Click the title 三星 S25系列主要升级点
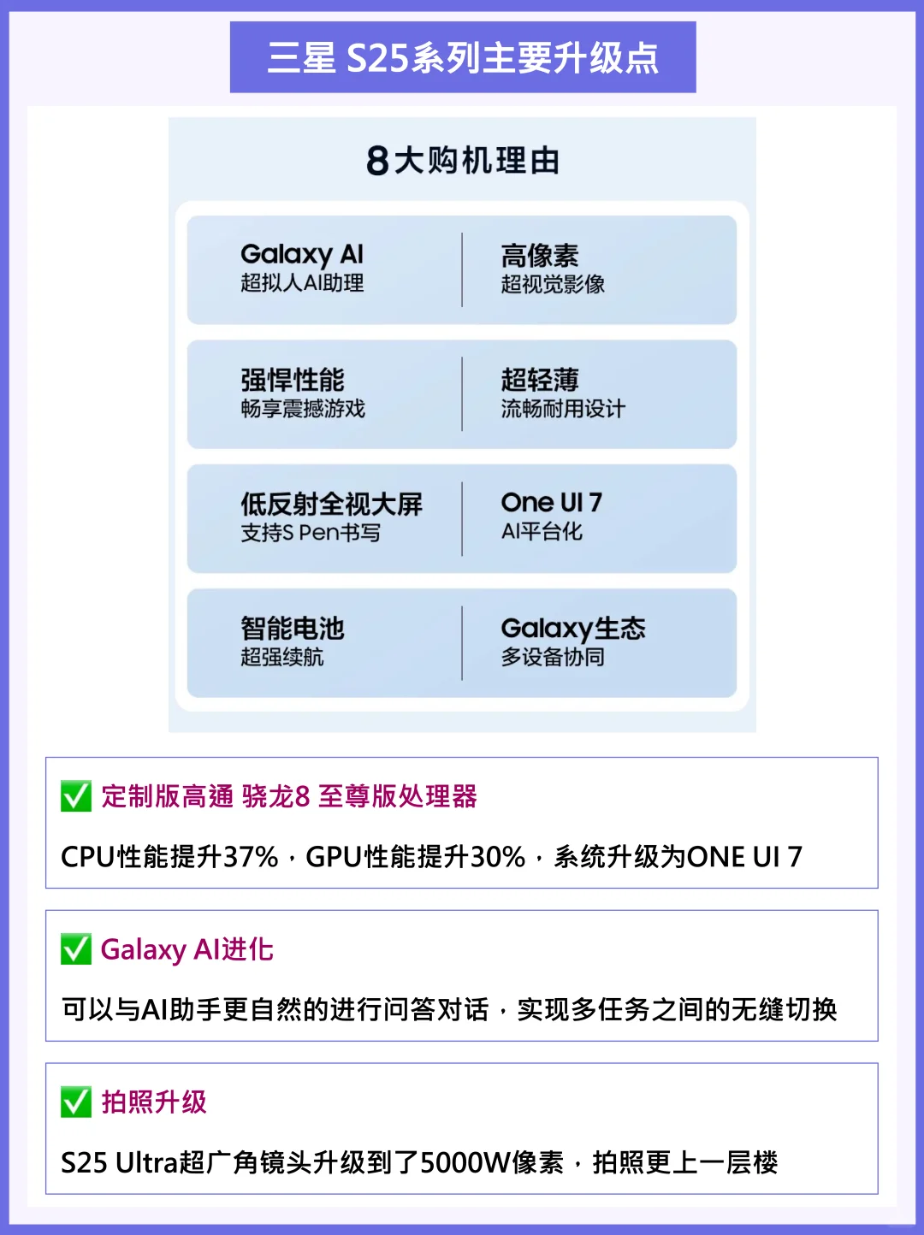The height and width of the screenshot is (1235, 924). point(463,58)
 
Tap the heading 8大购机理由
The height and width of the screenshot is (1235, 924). point(463,161)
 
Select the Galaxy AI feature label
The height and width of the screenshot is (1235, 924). point(302,254)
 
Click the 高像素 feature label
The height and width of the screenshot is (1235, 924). point(540,255)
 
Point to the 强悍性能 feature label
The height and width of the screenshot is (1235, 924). point(293,380)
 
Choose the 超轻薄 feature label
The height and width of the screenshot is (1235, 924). point(540,380)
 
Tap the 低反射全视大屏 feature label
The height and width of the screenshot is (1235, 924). point(331,504)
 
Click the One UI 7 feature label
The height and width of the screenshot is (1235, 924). point(552,502)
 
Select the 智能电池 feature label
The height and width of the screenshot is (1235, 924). point(293,629)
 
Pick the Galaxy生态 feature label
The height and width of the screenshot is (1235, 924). point(573,629)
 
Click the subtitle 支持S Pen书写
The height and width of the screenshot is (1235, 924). point(311,533)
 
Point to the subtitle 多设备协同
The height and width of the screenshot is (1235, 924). point(553,657)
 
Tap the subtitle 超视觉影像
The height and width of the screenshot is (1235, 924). point(553,284)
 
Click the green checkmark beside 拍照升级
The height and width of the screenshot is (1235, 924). point(76,1102)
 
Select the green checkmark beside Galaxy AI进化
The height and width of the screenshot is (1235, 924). point(76,948)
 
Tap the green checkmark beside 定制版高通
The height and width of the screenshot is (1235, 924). point(76,795)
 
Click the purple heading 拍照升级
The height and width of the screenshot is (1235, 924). point(154,1102)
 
